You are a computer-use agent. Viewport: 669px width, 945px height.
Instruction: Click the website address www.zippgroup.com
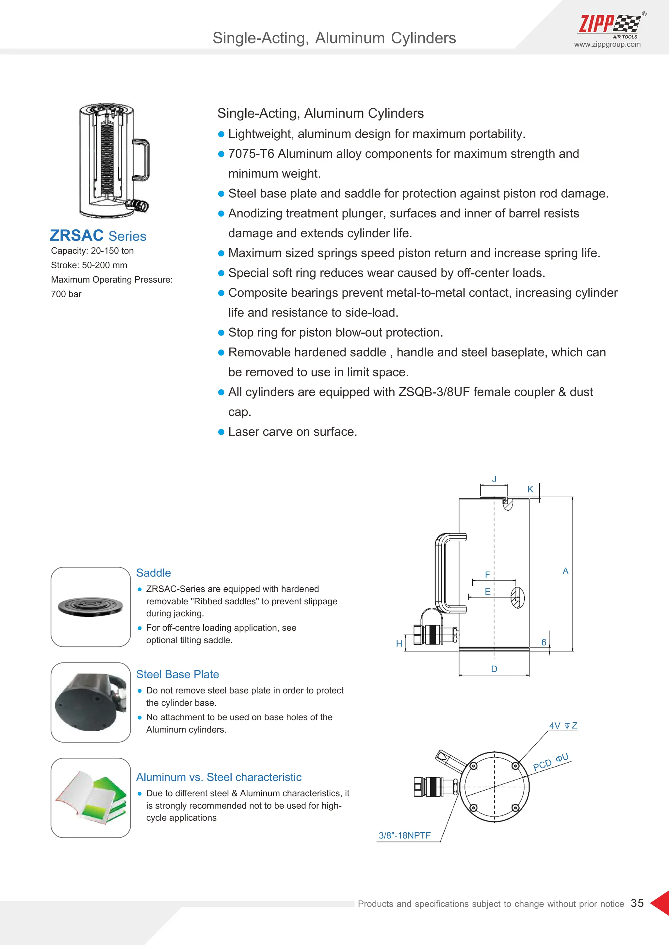point(607,44)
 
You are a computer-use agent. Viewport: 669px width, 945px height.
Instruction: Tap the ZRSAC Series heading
point(98,235)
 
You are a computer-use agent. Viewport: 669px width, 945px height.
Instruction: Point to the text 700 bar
point(66,294)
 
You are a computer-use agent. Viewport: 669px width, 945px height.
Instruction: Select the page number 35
point(637,903)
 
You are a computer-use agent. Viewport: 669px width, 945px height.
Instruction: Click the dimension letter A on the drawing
point(565,571)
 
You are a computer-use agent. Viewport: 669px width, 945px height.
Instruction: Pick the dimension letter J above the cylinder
point(494,479)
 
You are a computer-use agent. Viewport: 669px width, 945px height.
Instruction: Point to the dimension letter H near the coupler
point(399,643)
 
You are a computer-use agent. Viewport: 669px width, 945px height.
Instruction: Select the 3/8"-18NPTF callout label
point(404,835)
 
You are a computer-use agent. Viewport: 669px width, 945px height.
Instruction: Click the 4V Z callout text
point(563,726)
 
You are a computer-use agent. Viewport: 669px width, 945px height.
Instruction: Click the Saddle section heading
point(153,573)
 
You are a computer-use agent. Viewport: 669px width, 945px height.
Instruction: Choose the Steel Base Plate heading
point(178,674)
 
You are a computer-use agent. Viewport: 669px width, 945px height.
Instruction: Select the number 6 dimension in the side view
point(544,642)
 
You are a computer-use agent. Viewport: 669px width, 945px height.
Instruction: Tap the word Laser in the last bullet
point(244,432)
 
